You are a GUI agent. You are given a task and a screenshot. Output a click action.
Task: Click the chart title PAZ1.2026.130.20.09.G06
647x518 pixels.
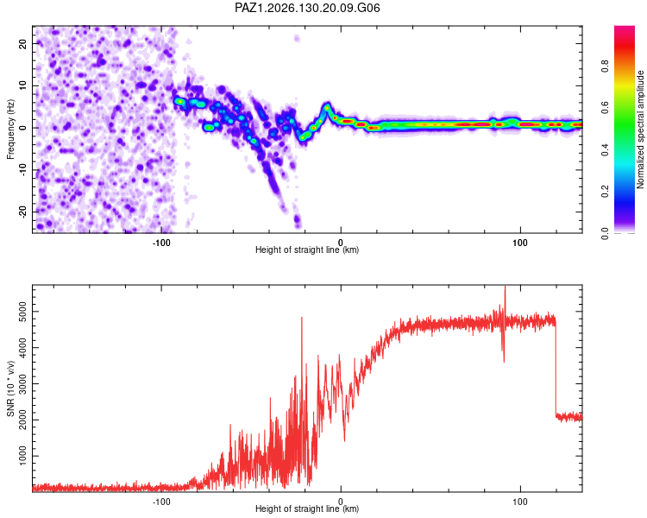307,8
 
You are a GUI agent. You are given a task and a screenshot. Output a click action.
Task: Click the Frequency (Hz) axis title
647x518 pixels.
10,129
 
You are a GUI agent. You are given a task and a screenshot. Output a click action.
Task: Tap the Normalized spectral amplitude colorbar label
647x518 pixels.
640,129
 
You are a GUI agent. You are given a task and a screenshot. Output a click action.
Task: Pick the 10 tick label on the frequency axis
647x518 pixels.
23,85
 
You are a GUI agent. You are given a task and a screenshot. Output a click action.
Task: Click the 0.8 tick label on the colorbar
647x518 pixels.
605,66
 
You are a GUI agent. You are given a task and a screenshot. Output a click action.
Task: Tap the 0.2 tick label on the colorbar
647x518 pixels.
605,191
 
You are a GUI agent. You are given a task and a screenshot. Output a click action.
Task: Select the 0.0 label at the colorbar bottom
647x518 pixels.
605,233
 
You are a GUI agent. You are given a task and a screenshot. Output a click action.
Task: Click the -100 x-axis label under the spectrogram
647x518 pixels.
161,243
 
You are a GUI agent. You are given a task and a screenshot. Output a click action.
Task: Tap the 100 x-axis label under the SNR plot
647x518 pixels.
520,502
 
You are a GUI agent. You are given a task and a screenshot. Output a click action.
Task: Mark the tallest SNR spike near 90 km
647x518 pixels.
505,286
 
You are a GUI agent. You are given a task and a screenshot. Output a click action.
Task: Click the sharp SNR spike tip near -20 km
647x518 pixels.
302,317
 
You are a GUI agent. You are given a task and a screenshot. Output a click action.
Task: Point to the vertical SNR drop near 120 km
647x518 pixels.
556,368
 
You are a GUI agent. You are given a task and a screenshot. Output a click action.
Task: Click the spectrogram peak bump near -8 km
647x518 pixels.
327,107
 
